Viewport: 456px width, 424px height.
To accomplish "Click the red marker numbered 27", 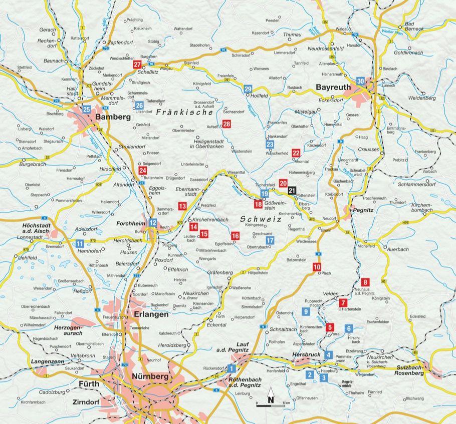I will tap(137, 65).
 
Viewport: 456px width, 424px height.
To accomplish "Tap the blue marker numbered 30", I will tap(361, 81).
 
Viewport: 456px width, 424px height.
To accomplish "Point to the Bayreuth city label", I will tap(333, 87).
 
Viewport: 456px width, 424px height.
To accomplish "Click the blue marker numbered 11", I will tap(79, 244).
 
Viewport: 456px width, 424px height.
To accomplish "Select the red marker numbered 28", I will tap(226, 124).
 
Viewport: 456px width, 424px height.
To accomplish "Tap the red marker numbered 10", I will tap(317, 267).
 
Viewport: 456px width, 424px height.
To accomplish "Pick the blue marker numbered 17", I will tap(270, 240).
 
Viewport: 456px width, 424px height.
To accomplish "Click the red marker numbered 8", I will tap(365, 282).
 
